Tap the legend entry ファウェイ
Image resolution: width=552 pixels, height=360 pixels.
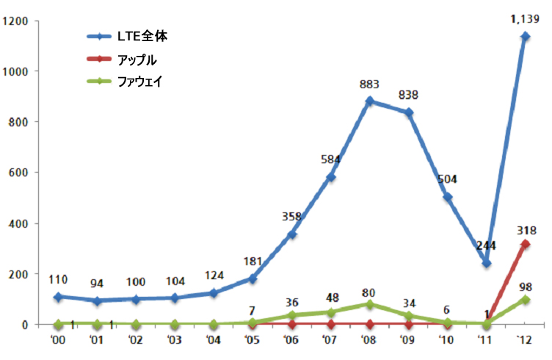[x=139, y=82]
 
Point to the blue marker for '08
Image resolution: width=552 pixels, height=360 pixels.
[x=369, y=101]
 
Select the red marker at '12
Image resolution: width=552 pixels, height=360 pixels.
[x=525, y=243]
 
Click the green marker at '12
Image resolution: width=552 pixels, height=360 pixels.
[x=525, y=299]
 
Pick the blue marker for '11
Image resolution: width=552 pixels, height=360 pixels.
[x=486, y=262]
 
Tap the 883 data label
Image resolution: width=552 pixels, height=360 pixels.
[x=368, y=84]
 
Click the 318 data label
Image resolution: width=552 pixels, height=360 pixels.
[x=525, y=228]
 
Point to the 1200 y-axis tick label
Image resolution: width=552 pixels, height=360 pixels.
[x=16, y=21]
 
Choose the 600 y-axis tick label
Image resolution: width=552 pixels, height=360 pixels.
[x=19, y=173]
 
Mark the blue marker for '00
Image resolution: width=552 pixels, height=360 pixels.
[x=58, y=296]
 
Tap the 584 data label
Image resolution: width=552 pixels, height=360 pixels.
[x=330, y=160]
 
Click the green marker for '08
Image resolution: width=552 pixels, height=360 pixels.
[x=369, y=303]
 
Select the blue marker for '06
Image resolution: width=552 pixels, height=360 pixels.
[x=291, y=234]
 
